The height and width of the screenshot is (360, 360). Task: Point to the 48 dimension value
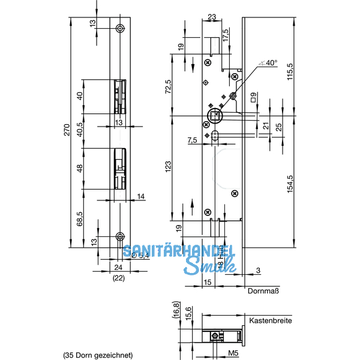[80, 168]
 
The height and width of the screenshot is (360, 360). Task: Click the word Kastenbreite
[270, 321]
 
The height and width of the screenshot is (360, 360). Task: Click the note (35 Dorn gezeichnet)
[98, 355]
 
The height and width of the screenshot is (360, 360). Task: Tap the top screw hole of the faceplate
[121, 28]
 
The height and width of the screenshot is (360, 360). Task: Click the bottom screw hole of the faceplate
[121, 236]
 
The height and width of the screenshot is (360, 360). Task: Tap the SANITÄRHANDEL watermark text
[178, 253]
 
